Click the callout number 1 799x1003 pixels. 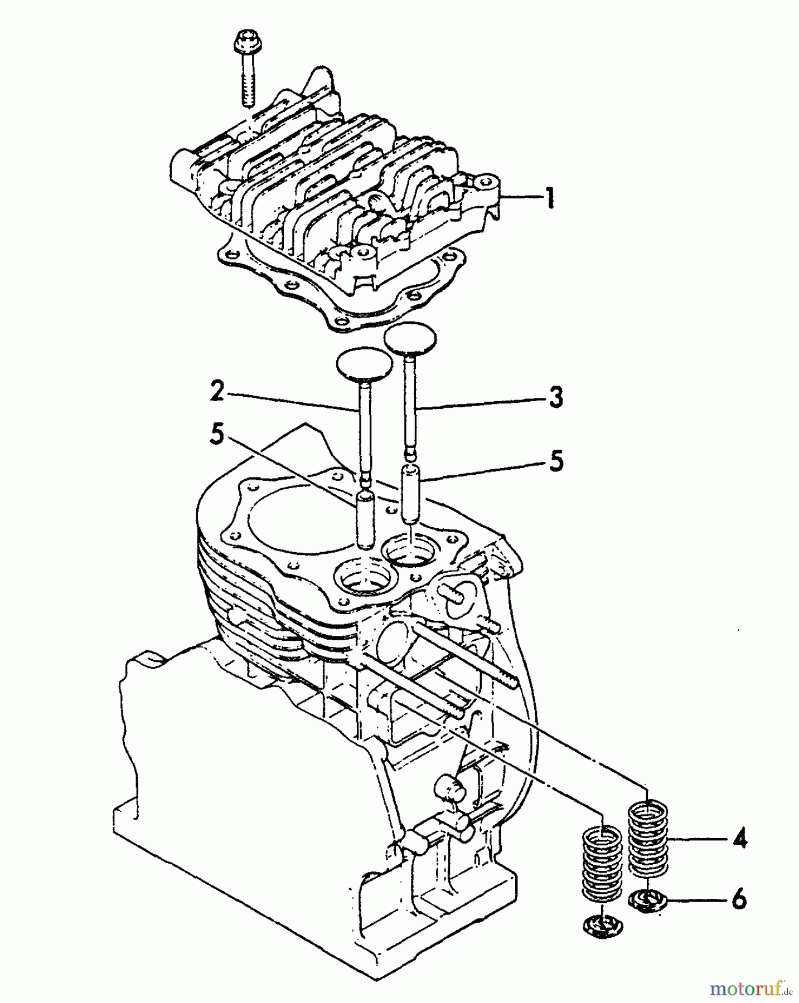(x=550, y=198)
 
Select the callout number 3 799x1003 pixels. (x=554, y=398)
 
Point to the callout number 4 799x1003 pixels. (x=739, y=839)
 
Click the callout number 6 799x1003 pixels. (x=739, y=899)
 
